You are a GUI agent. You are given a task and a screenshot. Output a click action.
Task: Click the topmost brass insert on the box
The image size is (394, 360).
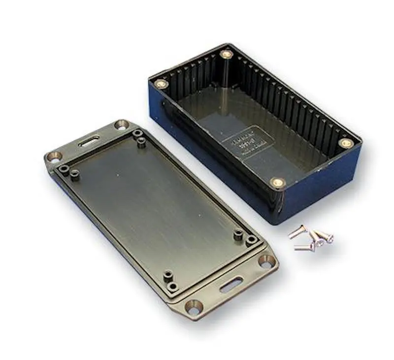(226, 54)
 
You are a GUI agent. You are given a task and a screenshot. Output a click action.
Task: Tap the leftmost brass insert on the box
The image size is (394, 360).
(161, 84)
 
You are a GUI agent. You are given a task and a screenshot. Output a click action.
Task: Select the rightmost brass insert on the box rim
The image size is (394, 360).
(346, 143)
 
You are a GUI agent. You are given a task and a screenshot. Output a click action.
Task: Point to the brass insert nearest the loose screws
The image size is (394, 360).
(278, 183)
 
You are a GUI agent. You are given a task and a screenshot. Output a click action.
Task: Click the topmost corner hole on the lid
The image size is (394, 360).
(121, 125)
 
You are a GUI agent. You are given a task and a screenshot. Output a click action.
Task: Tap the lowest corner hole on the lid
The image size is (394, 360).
(193, 307)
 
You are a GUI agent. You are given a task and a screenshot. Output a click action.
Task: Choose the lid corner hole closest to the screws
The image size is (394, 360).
(266, 262)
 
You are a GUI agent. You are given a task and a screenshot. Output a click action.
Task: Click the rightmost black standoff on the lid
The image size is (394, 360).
(252, 241)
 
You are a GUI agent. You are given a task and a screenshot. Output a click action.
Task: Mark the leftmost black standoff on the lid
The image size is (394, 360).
(64, 168)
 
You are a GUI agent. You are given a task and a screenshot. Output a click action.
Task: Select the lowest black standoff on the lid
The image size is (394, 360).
(173, 286)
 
